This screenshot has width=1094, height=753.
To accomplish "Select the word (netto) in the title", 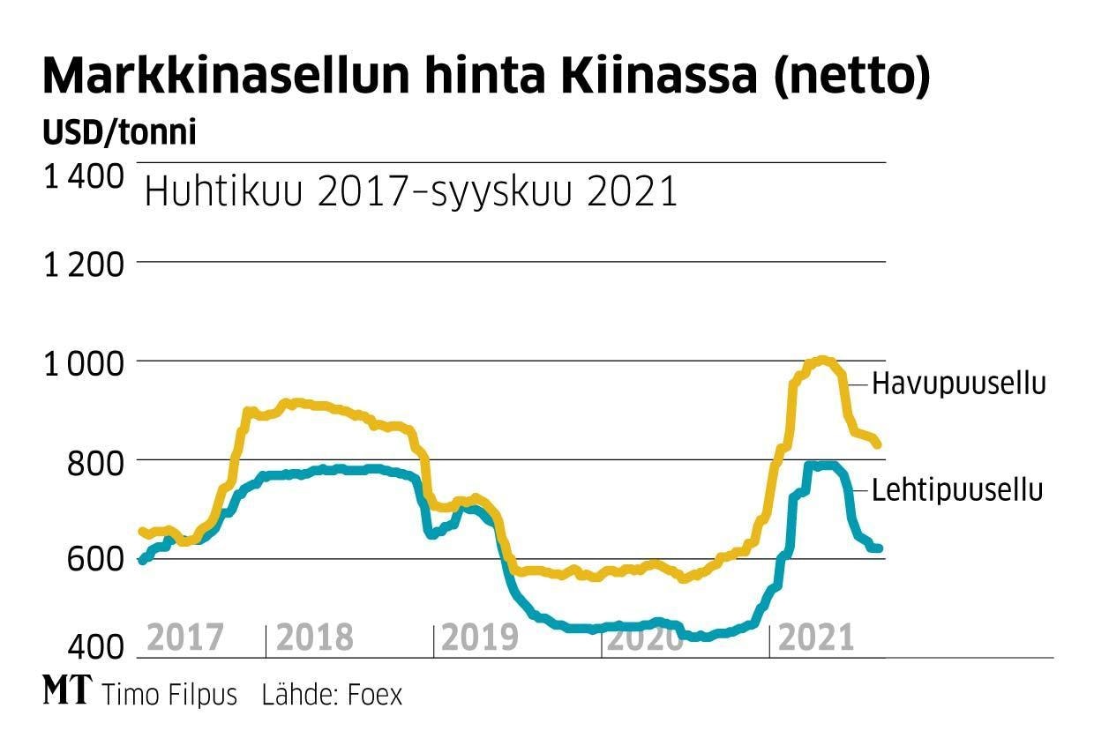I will tap(851, 78).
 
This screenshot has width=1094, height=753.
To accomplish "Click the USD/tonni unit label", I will tap(119, 133).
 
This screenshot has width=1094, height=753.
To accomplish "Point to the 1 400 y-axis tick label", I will tap(84, 177).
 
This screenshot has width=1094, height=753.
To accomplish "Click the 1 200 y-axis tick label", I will tap(84, 263).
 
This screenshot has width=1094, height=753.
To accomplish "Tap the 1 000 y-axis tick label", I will tap(84, 362).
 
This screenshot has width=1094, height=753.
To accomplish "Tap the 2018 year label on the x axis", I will tap(315, 637).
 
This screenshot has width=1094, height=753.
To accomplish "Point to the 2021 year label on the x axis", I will tap(816, 637).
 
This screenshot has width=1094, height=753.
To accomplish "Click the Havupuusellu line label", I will tap(958, 384).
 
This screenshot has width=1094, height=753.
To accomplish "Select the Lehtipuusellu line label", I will tap(957, 490).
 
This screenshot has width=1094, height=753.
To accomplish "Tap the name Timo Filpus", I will tap(169, 695).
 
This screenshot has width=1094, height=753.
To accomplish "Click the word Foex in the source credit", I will tap(375, 695).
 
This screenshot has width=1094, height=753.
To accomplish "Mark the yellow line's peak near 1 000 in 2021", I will tap(822, 360).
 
